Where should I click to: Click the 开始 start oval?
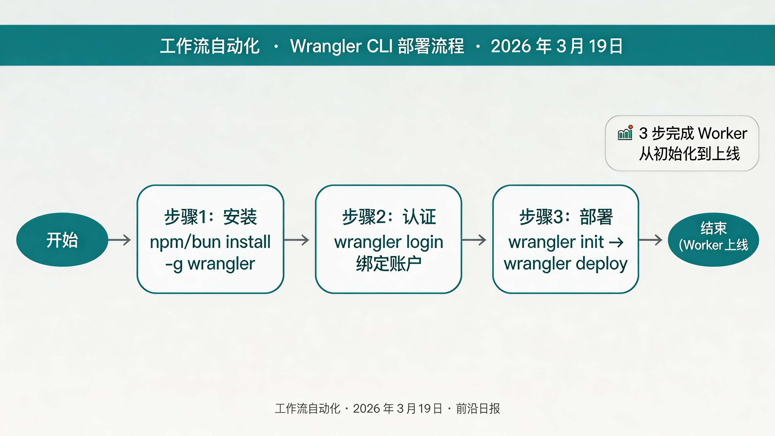click(62, 240)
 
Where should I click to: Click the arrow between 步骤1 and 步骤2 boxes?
click(297, 240)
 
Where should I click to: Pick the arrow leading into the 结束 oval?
click(651, 240)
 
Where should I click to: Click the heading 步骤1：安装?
click(210, 217)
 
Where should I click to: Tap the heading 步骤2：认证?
click(389, 217)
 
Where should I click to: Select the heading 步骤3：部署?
click(566, 217)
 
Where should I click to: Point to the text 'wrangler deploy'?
click(566, 264)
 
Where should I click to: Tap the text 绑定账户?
click(389, 264)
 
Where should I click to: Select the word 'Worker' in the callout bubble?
click(722, 133)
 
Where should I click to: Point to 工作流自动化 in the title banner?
click(210, 46)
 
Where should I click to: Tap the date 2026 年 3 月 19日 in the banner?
click(557, 46)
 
